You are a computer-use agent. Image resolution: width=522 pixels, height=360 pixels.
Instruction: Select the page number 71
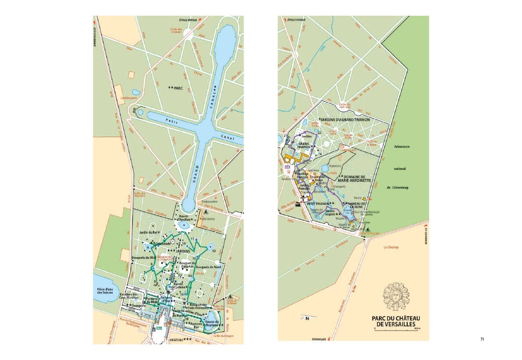coord(482,339)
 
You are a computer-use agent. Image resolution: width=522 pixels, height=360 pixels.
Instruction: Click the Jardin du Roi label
coord(149,232)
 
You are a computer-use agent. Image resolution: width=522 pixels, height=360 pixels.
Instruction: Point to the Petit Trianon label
coord(320,204)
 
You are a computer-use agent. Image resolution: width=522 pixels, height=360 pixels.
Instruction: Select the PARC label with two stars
coord(175,88)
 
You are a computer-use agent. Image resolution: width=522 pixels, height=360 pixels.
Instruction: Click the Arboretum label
coord(401,147)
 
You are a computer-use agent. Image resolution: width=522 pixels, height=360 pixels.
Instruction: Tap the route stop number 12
coord(213,251)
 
